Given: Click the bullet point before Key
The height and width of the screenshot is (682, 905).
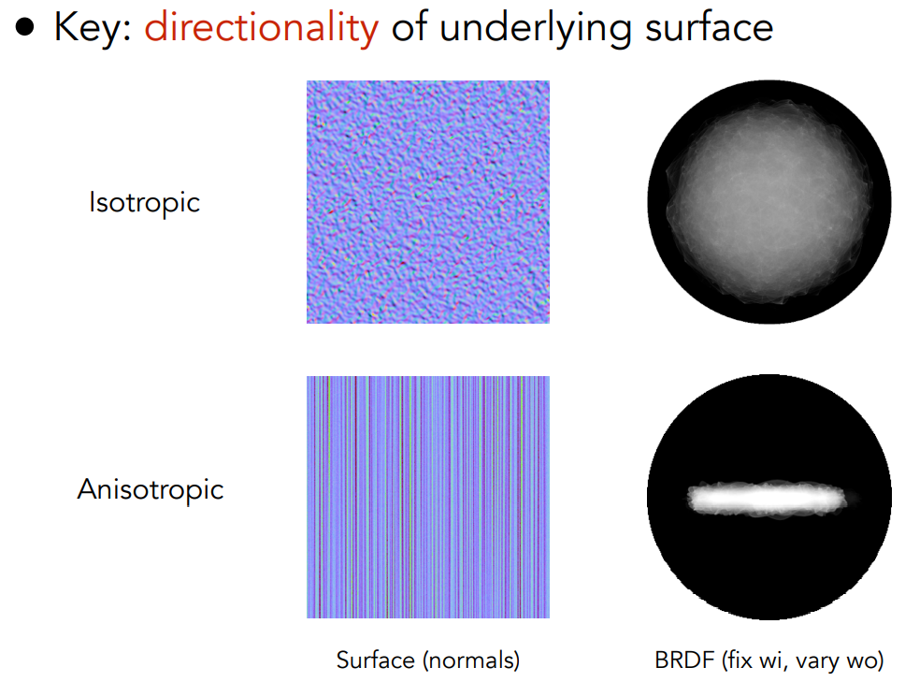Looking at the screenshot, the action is click(25, 27).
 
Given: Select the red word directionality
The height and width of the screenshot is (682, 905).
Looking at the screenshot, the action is click(262, 28).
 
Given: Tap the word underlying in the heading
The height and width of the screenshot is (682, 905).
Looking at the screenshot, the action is click(535, 28).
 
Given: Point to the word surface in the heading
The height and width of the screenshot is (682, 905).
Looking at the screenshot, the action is click(709, 29).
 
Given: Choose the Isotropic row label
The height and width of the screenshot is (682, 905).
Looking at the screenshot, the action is click(144, 202).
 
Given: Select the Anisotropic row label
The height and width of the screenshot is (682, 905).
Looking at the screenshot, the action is click(151, 489).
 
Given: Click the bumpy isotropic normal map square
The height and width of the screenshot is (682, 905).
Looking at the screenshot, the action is click(427, 201).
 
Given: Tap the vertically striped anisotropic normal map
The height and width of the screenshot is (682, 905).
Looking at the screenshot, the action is click(427, 497).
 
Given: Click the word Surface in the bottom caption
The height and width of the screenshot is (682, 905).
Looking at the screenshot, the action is click(375, 660).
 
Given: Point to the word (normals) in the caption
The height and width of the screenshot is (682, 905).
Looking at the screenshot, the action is click(471, 660).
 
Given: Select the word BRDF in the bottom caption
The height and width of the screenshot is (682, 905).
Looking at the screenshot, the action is click(685, 660).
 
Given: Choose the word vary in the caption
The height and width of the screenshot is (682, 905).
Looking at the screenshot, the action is click(814, 661).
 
